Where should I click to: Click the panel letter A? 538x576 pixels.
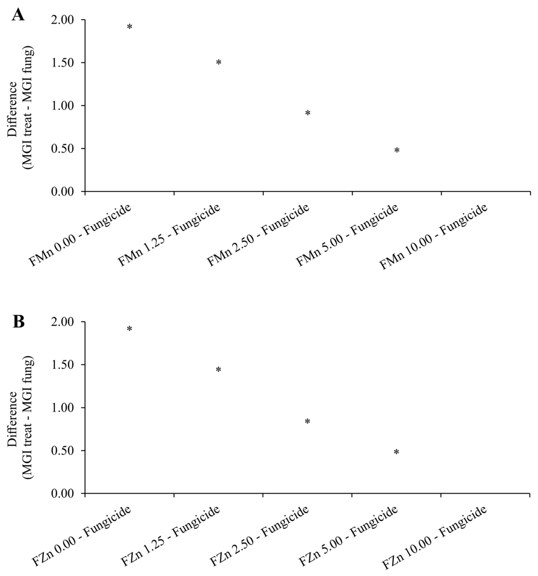(x=18, y=14)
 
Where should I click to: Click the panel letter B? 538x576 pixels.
(x=19, y=322)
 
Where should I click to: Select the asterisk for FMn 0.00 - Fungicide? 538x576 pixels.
(x=130, y=27)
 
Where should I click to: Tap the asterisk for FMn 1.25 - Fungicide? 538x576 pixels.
(x=219, y=62)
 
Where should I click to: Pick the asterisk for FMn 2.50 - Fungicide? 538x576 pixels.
(x=308, y=113)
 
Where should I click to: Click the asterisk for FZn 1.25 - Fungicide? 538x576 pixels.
(x=218, y=370)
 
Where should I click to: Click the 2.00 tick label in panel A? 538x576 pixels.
(x=63, y=20)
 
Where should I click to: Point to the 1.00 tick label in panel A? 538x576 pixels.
(x=63, y=106)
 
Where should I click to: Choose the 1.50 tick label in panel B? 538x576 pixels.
(x=63, y=365)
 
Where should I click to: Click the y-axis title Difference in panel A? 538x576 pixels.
(x=12, y=109)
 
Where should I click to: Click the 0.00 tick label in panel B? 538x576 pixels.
(x=63, y=493)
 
